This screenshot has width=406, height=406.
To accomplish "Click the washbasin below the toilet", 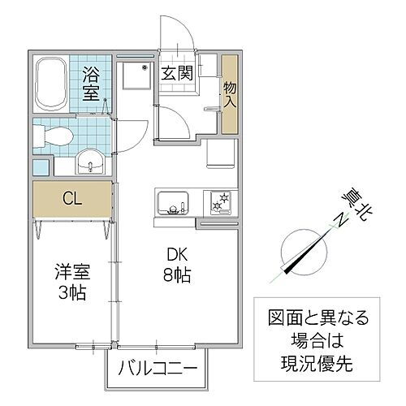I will [x=89, y=163].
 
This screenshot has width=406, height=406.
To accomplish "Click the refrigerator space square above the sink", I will [x=219, y=153].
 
